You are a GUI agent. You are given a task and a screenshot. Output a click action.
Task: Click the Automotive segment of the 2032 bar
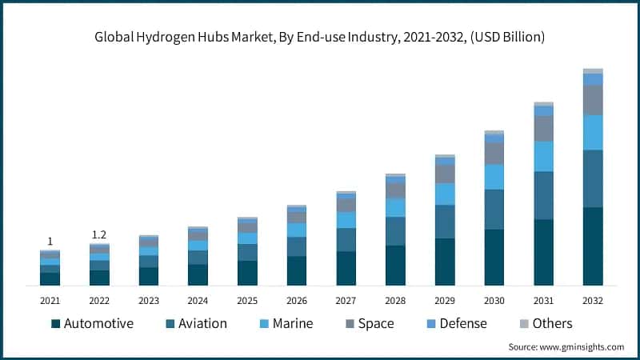[593, 246]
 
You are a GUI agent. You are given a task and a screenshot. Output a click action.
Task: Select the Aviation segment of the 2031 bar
[543, 195]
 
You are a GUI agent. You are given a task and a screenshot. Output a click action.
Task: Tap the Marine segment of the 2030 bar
[494, 177]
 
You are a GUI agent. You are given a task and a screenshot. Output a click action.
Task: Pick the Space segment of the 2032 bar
[593, 100]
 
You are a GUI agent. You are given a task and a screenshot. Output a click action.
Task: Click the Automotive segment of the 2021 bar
[50, 278]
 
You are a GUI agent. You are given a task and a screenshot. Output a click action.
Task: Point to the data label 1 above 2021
[50, 241]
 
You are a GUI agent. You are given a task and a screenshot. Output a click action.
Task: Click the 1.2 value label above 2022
[99, 234]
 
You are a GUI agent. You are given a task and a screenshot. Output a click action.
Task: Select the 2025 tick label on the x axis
[247, 301]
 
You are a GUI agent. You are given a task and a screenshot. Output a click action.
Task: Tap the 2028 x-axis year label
[395, 301]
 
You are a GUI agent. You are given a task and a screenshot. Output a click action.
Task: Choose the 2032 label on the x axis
[593, 301]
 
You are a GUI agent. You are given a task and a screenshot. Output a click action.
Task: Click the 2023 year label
[149, 301]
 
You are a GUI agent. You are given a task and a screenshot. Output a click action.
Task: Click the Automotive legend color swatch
[55, 324]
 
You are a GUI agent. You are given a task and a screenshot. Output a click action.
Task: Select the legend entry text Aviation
[202, 324]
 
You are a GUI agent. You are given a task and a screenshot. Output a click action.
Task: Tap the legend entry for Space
[375, 324]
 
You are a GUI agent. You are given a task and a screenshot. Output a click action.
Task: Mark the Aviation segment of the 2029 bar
[445, 222]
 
